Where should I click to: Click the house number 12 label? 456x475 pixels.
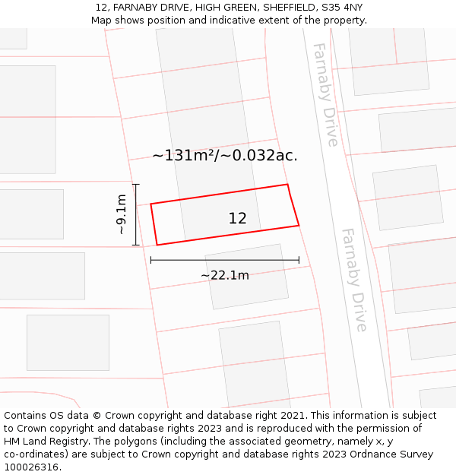click(x=237, y=218)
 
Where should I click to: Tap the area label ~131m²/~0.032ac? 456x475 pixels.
click(x=225, y=156)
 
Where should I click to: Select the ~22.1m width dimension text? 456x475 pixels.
click(x=225, y=275)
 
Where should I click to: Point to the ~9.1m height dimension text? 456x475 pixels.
click(x=121, y=214)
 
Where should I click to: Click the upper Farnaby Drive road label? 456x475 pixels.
click(x=325, y=94)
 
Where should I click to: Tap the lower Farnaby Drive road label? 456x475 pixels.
click(x=354, y=279)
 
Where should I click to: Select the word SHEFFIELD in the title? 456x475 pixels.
click(x=286, y=8)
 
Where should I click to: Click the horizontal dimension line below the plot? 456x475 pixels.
click(x=225, y=260)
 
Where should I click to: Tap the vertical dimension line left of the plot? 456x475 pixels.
click(x=135, y=214)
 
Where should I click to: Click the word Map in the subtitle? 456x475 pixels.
click(x=102, y=20)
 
